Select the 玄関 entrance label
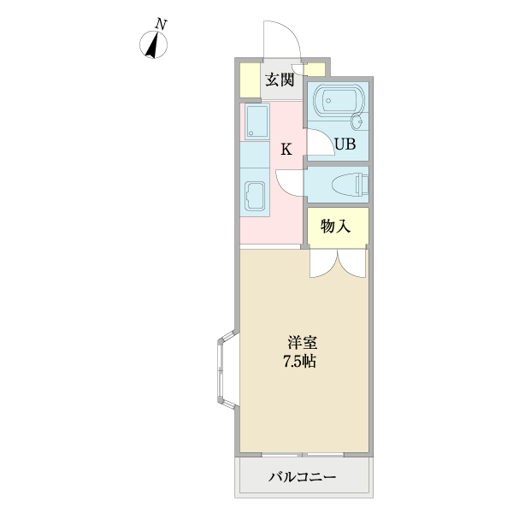pyautogui.click(x=279, y=80)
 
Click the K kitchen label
pyautogui.click(x=286, y=150)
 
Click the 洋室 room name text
pyautogui.click(x=302, y=343)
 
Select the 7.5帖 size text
pyautogui.click(x=301, y=362)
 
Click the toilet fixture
pyautogui.click(x=351, y=184)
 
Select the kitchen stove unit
pyautogui.click(x=256, y=121)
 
